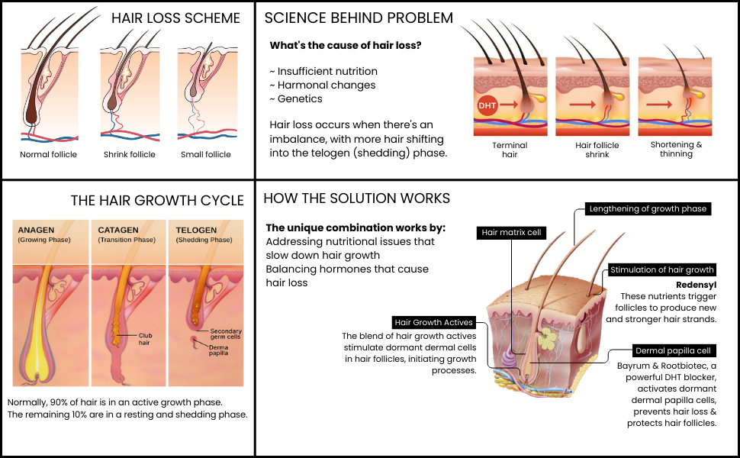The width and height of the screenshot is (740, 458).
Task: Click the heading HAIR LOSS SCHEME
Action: click(x=175, y=18)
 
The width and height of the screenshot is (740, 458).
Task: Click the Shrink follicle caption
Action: click(x=129, y=154)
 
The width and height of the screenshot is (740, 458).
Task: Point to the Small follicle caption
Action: click(x=205, y=154)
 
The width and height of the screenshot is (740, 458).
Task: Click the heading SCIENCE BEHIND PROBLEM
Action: click(x=358, y=18)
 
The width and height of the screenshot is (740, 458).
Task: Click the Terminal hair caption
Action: click(x=510, y=149)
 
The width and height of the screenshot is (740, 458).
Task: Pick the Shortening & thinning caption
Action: click(x=676, y=149)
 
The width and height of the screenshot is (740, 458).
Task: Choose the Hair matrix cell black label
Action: click(x=512, y=233)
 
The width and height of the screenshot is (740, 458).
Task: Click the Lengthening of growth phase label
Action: click(x=648, y=208)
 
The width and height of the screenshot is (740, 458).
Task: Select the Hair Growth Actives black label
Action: click(x=434, y=322)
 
